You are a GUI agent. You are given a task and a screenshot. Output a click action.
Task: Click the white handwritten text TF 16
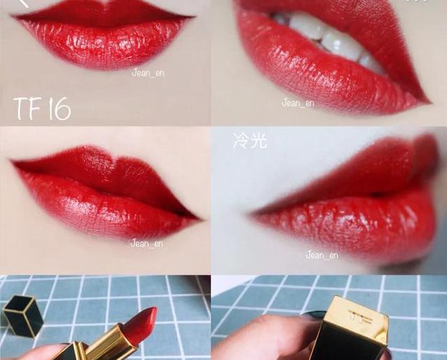click(x=42, y=109)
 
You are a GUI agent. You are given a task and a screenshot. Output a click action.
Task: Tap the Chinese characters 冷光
click(x=250, y=141)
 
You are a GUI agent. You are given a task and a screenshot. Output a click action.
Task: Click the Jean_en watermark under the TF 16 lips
click(x=148, y=73)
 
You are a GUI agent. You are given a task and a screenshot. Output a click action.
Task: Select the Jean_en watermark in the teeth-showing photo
click(x=298, y=103)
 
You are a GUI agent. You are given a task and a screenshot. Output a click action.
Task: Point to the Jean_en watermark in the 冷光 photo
click(x=322, y=255)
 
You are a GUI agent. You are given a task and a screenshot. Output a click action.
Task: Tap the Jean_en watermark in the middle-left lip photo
click(x=147, y=243)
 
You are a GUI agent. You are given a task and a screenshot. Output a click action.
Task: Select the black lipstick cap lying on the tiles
click(x=23, y=316)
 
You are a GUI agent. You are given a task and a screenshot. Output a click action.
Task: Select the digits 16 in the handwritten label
click(x=59, y=109)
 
